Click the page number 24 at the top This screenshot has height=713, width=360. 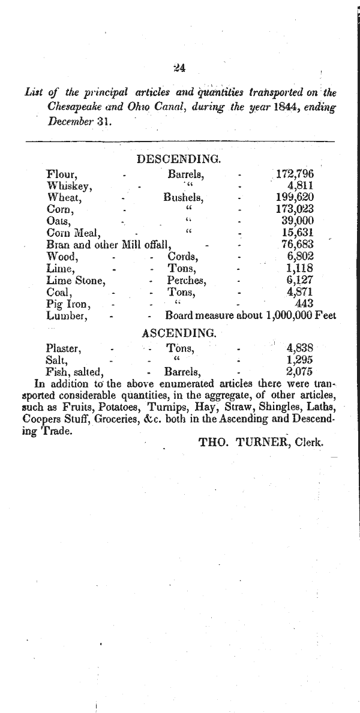click(x=179, y=67)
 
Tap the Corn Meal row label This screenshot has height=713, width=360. click(x=73, y=233)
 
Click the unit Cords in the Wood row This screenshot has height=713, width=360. click(x=183, y=257)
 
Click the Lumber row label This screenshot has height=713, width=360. click(x=67, y=315)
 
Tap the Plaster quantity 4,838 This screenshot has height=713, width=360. click(x=300, y=348)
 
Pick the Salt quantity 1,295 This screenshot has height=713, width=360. click(x=300, y=359)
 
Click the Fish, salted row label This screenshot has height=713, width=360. click(x=75, y=371)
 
